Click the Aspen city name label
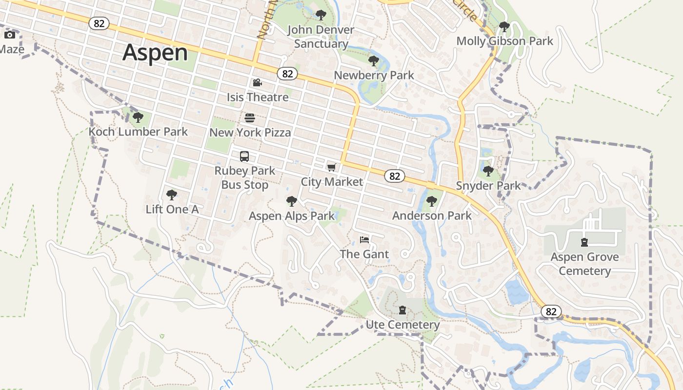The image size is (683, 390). (x=155, y=52)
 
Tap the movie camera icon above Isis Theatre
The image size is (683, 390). (x=257, y=83)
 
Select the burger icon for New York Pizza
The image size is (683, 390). (x=250, y=118)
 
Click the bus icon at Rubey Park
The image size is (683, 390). (x=244, y=156)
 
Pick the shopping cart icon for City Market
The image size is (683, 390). (x=332, y=168)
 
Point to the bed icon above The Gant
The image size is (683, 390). (x=364, y=240)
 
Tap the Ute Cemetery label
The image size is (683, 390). (x=402, y=325)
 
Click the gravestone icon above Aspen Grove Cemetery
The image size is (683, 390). (x=584, y=242)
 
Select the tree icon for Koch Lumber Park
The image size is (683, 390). (x=138, y=117)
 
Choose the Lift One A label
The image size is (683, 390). (x=172, y=209)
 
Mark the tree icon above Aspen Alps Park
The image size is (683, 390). (x=292, y=201)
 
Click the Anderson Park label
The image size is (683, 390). (x=432, y=215)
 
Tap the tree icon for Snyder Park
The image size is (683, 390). (x=488, y=171)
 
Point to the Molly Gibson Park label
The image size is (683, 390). (x=504, y=41)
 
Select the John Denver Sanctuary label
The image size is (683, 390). (x=321, y=37)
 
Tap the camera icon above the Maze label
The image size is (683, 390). (x=10, y=35)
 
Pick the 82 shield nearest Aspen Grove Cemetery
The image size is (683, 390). (x=551, y=312)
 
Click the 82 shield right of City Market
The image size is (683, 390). (x=395, y=176)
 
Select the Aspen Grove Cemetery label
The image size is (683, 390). (x=584, y=264)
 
